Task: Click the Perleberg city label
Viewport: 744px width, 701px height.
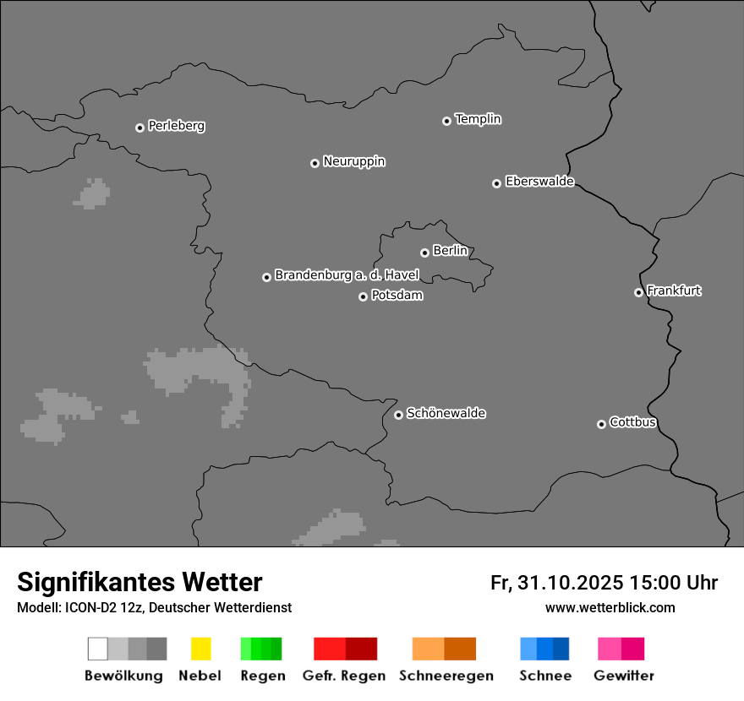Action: tap(176, 126)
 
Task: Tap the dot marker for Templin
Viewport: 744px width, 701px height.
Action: tap(446, 121)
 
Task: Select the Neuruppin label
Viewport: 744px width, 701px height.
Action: tap(353, 161)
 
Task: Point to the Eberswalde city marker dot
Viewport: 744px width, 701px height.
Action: tap(496, 183)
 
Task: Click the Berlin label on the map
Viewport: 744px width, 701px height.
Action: tap(450, 251)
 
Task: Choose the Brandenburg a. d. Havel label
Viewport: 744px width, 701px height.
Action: tap(347, 275)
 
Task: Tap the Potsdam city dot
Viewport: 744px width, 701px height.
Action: tap(363, 296)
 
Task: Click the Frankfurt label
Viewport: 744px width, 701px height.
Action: tap(674, 291)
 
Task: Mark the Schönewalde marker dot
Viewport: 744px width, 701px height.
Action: tap(398, 415)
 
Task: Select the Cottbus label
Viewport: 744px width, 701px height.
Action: tap(632, 422)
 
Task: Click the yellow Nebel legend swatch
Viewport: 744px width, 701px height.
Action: tap(200, 649)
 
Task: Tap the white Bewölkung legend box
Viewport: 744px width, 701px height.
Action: tap(97, 649)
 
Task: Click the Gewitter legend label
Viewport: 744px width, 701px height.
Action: tap(624, 676)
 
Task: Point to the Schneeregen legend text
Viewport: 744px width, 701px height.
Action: tap(446, 676)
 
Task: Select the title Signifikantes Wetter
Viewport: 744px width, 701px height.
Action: tap(139, 582)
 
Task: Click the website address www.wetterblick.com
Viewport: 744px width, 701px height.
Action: tap(610, 607)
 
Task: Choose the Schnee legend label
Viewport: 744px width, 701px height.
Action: tap(545, 676)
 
